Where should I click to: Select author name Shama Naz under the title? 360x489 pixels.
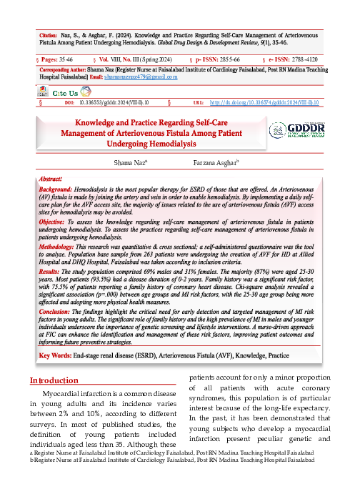point(131,164)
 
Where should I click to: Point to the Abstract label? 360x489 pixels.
point(51,179)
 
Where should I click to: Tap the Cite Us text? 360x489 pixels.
point(66,92)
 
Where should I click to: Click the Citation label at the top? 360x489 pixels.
point(49,34)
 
